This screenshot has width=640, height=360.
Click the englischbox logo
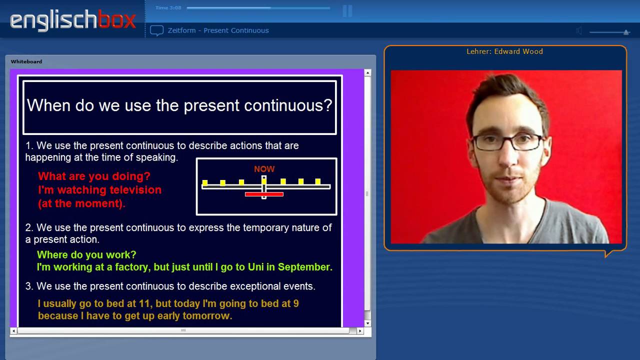tap(73, 20)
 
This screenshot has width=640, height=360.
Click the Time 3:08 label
tap(168, 7)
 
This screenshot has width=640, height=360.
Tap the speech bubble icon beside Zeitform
tap(156, 30)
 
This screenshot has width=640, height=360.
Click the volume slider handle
tap(626, 32)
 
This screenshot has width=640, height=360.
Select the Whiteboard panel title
tap(26, 61)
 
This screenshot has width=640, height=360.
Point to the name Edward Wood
tap(518, 51)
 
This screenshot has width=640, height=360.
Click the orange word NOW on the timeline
tap(264, 169)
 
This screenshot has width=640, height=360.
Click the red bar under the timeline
tap(264, 194)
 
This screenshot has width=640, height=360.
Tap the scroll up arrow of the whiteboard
tap(367, 73)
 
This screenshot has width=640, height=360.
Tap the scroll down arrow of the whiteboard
tap(367, 323)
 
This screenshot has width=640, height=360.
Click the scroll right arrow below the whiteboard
tap(360, 331)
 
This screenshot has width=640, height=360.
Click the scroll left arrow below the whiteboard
tap(13, 331)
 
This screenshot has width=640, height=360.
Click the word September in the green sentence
tap(305, 267)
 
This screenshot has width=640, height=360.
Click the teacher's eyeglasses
tap(507, 142)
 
